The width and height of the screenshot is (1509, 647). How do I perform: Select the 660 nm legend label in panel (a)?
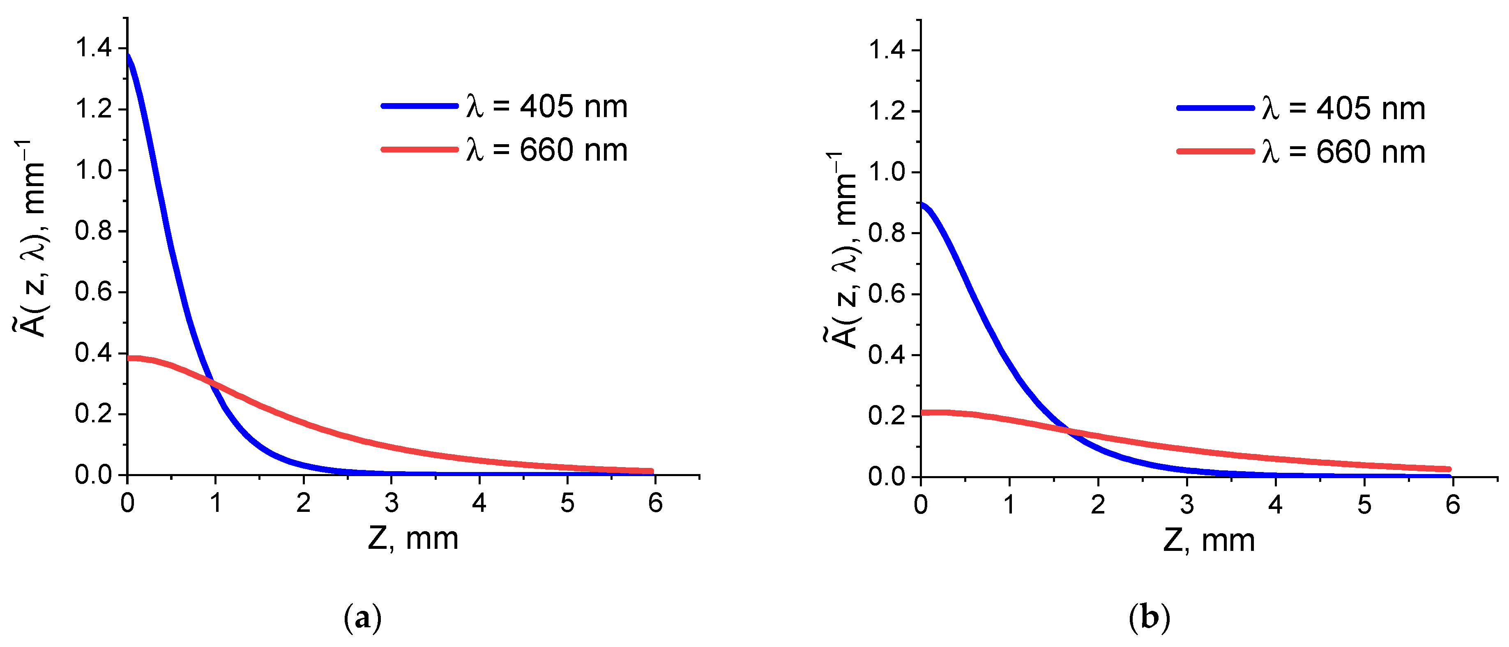(x=546, y=150)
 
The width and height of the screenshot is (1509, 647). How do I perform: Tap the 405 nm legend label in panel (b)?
(x=1343, y=109)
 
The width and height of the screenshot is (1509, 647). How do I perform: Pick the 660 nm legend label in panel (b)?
(x=1343, y=152)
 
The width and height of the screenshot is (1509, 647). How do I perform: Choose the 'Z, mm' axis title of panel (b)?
(x=1209, y=540)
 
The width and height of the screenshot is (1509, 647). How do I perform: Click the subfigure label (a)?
(x=363, y=618)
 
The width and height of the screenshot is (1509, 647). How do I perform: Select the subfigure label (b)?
(x=1149, y=618)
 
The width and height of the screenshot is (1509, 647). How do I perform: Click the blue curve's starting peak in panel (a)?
(x=128, y=55)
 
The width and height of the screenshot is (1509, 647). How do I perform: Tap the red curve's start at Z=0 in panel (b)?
(x=923, y=413)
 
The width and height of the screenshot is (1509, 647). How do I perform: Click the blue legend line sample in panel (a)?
(x=419, y=106)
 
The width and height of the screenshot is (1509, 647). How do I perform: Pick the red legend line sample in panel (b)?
(x=1216, y=152)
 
